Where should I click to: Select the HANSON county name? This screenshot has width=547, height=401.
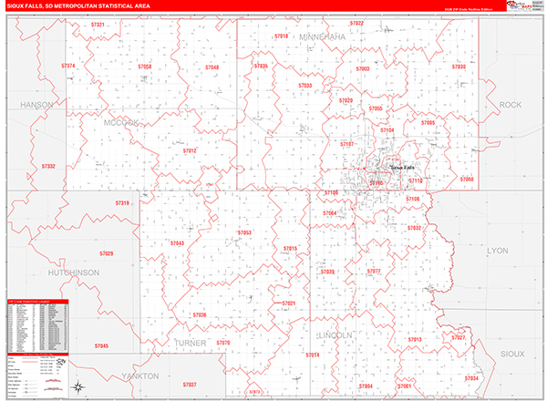(x=36, y=105)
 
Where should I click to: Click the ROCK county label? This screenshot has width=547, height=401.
(x=511, y=106)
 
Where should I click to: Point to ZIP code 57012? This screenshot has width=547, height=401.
(x=190, y=151)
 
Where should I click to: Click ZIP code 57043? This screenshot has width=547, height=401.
(x=176, y=243)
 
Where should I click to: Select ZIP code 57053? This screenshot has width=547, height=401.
(x=244, y=233)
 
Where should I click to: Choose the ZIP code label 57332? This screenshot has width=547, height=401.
(x=48, y=166)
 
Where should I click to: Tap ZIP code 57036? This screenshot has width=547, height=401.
(x=199, y=315)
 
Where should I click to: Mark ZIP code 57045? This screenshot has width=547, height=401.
(x=100, y=346)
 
